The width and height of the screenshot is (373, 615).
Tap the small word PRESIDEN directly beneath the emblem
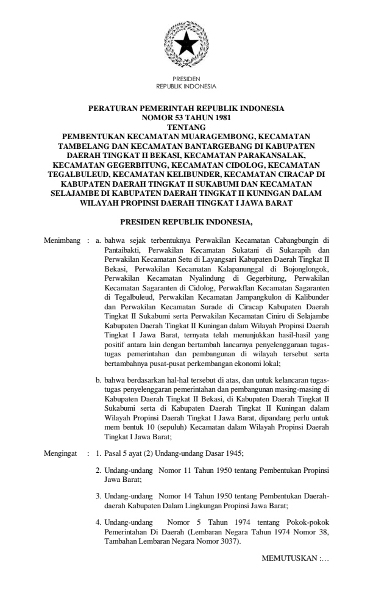186,78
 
